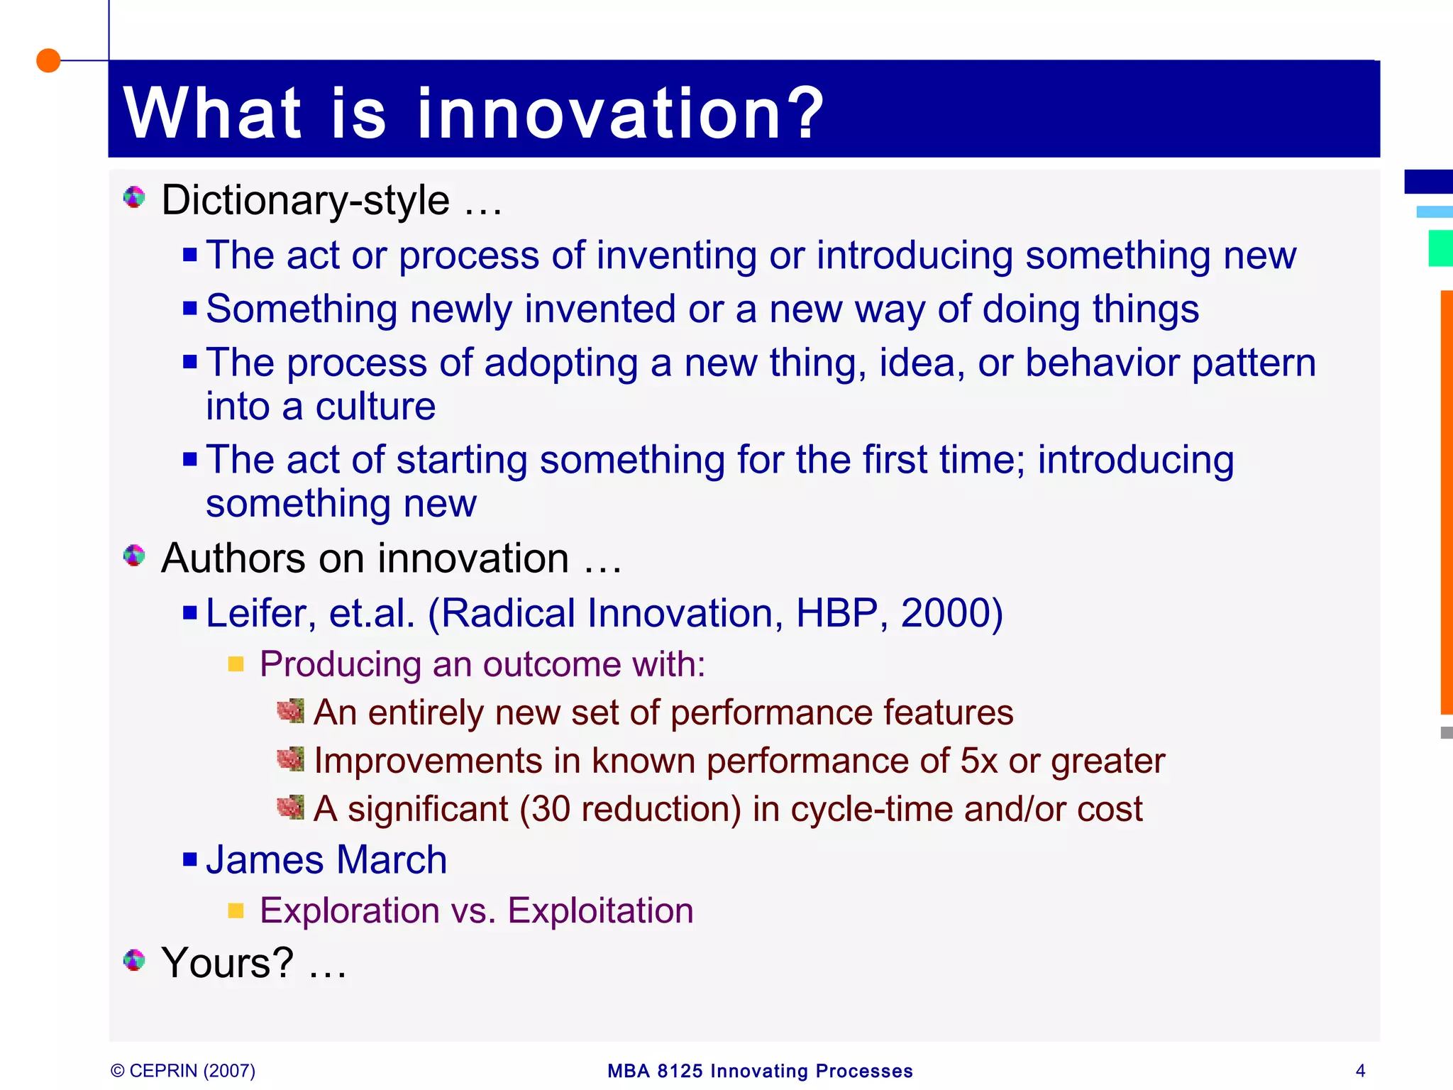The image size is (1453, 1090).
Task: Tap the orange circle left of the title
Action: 48,61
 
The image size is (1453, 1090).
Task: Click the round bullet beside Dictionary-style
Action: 133,197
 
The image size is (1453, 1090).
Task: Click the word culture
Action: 375,407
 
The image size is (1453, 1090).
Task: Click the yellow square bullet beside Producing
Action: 236,664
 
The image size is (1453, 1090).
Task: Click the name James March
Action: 326,860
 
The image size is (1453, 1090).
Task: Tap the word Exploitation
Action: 600,910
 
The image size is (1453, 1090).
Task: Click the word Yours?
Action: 228,963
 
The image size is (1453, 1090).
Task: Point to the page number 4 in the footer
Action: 1360,1070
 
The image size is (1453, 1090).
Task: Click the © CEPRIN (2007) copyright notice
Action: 183,1070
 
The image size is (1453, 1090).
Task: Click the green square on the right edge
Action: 1440,248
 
